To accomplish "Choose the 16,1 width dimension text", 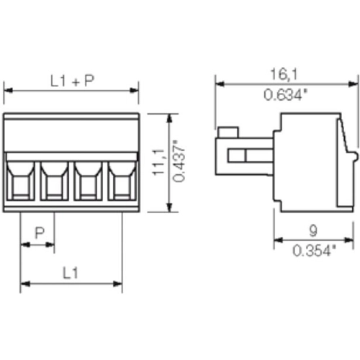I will (x=284, y=73).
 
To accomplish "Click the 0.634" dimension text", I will (x=284, y=93).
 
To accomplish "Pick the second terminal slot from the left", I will (x=53, y=180).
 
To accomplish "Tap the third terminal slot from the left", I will (x=88, y=180).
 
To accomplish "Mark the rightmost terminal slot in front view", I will (x=121, y=180).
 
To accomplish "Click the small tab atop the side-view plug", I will (x=228, y=132).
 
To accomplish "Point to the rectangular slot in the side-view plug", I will (x=247, y=156).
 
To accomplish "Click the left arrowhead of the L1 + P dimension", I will (x=7, y=91).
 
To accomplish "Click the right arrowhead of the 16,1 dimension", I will (x=352, y=83).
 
